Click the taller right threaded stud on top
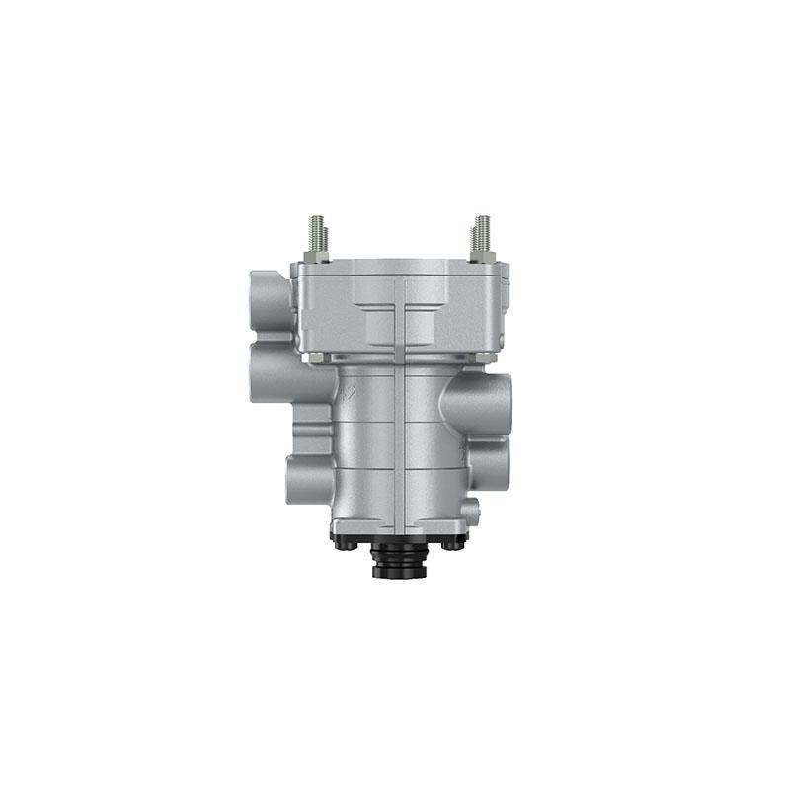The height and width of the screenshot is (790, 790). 482,233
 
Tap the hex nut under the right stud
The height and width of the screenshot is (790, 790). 482,257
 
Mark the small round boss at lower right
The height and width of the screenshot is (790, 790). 471,510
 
